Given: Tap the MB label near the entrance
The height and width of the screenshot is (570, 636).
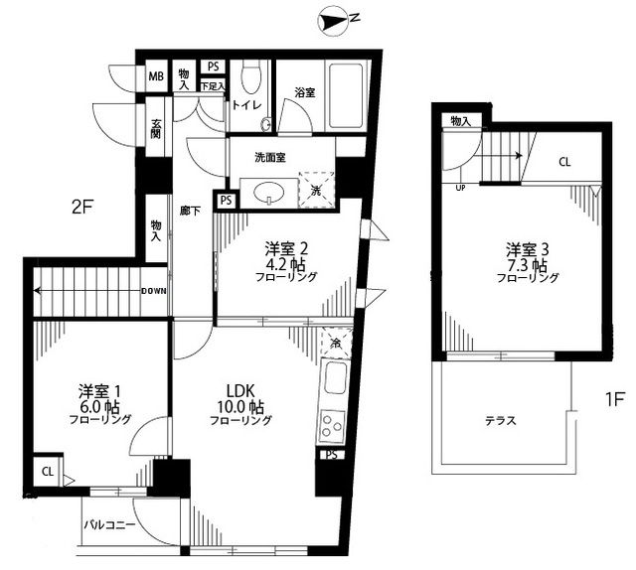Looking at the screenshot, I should pos(157,77).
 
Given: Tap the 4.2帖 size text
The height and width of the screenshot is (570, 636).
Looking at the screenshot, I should pos(282,263).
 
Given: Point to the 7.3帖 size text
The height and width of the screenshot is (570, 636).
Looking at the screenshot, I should pos(525,265).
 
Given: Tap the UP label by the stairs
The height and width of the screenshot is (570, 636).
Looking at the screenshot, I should pos(460,187).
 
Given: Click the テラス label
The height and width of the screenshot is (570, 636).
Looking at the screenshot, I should pos(500,420).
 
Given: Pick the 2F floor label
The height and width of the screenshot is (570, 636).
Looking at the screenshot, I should pos(81,209).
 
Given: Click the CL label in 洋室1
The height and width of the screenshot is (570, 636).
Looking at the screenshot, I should pos(48,472).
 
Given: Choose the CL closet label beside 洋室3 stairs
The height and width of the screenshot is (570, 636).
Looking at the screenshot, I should pos(563,162).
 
